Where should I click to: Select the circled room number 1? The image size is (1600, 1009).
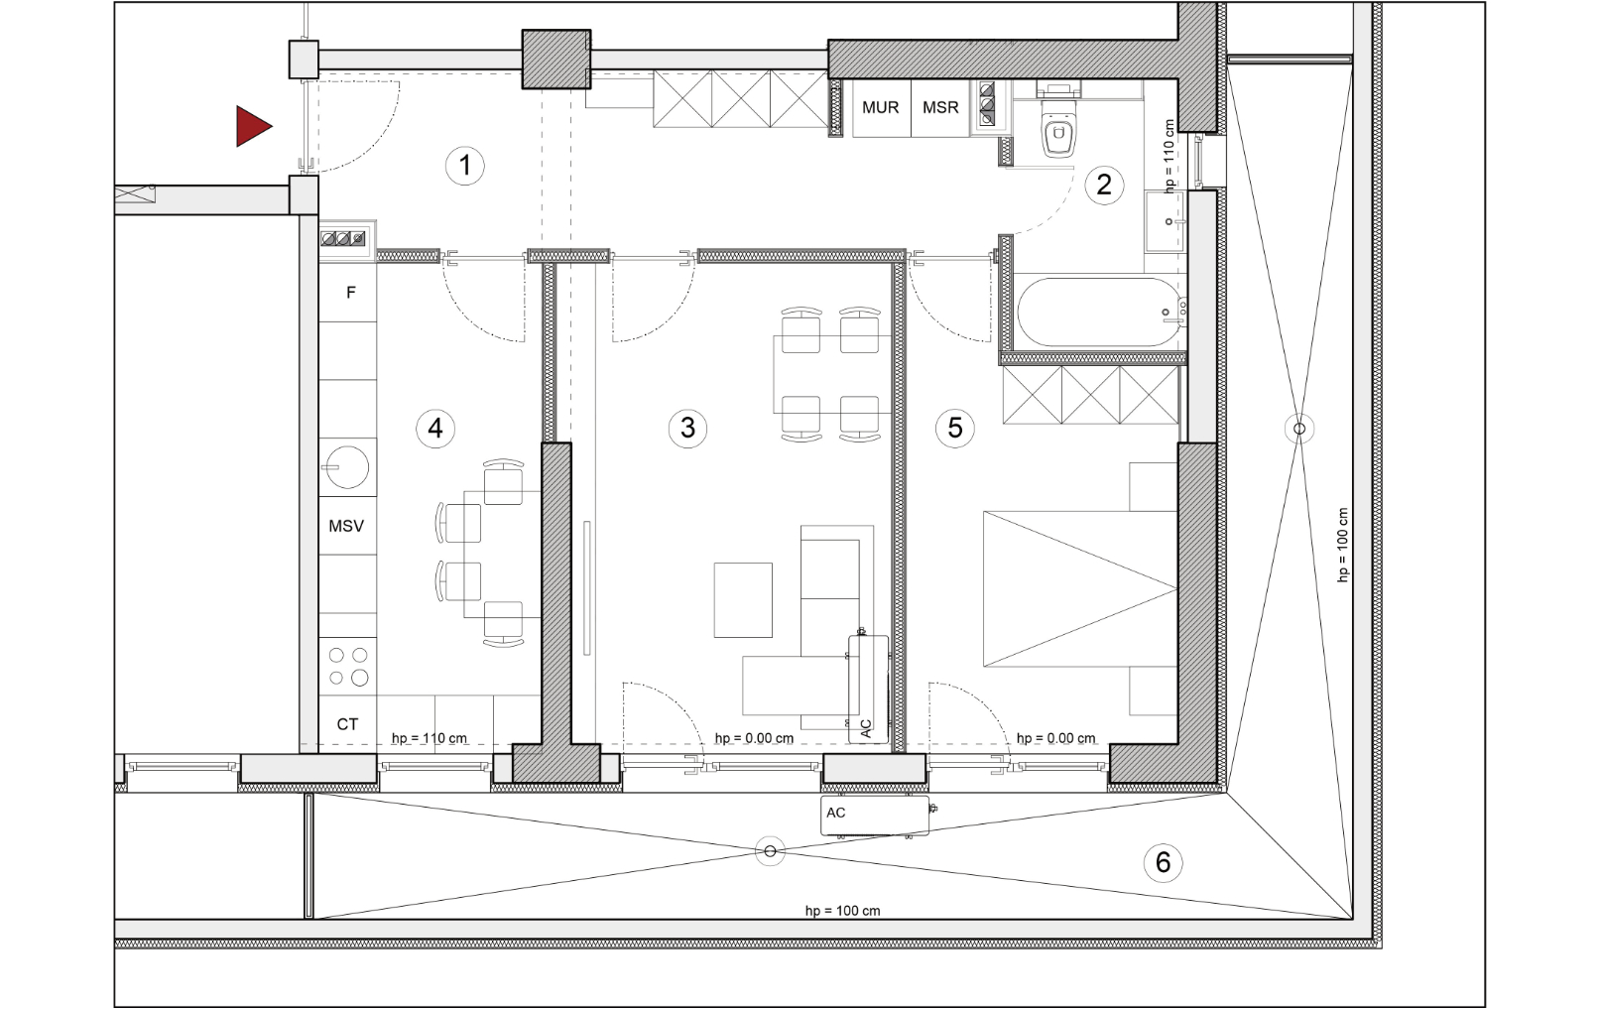point(465,166)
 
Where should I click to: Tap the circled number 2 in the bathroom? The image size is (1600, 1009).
point(1104,186)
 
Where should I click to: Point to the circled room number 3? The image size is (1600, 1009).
point(687,428)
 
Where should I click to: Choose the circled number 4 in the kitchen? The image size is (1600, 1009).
point(435,428)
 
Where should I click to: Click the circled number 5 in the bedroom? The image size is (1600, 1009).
point(955,428)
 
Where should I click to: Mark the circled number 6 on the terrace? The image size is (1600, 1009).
point(1163,862)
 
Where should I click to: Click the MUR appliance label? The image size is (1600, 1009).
point(880,108)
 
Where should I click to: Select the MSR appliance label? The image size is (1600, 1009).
point(940,108)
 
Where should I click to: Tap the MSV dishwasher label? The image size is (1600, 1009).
point(346,527)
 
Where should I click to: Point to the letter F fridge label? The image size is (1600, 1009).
point(351,293)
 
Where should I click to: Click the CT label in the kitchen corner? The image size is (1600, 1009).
point(347,724)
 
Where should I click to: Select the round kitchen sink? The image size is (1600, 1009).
point(347,467)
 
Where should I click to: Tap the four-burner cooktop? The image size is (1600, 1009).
point(348,666)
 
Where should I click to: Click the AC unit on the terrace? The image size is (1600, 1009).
point(874,816)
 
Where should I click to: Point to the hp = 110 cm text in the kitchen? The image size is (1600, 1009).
point(429,738)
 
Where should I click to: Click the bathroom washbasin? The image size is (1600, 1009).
point(1166,221)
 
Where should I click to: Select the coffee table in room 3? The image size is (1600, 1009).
point(743,600)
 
